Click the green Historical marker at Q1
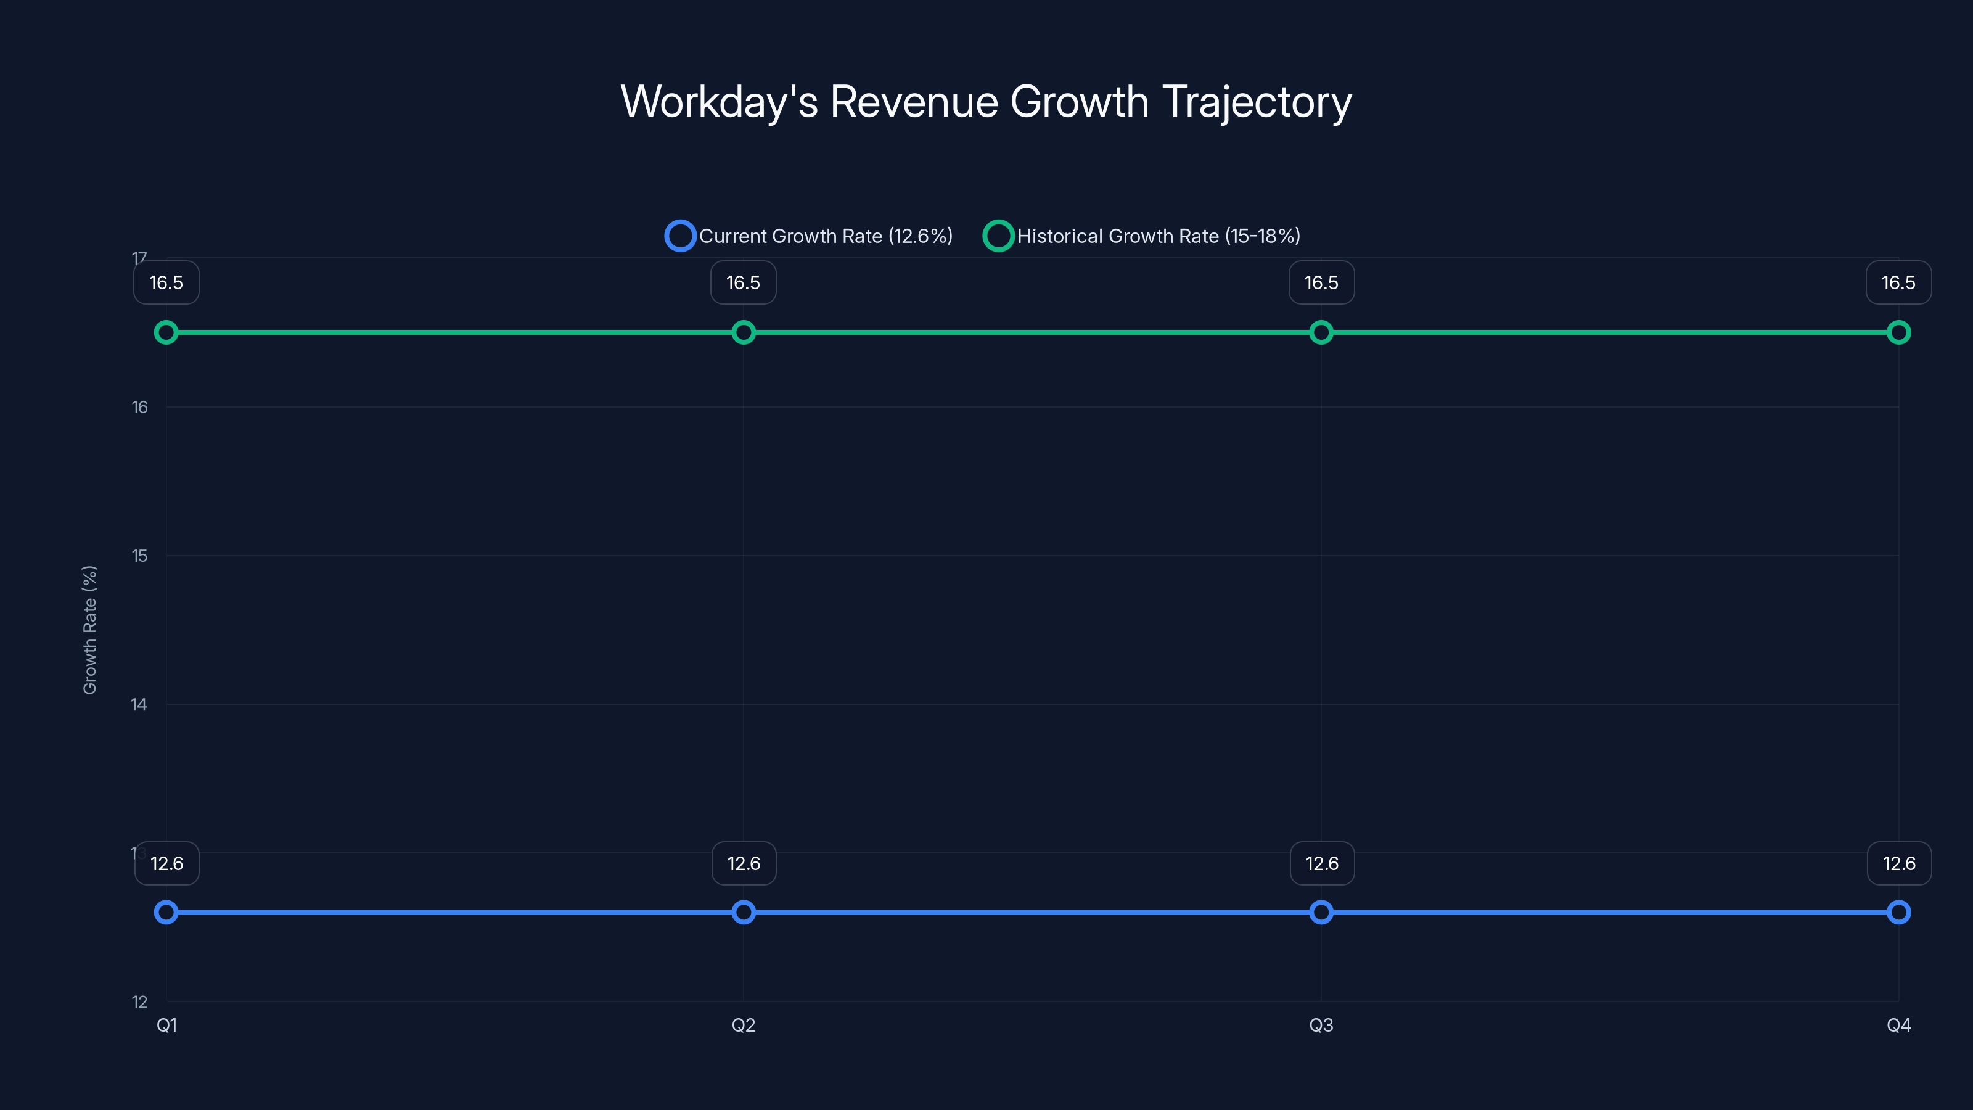pos(166,332)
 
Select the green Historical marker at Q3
pos(1321,332)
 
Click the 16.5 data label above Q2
pos(743,282)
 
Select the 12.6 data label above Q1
pos(167,863)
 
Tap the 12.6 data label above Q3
pos(1322,863)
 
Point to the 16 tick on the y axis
pos(139,408)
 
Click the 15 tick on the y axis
pos(139,556)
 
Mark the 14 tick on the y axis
pos(139,705)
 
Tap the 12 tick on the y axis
pos(139,1002)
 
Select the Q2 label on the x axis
pos(744,1025)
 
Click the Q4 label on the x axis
pos(1899,1025)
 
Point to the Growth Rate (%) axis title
pos(89,630)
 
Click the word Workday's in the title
pos(718,102)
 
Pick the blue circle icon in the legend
pos(680,236)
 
